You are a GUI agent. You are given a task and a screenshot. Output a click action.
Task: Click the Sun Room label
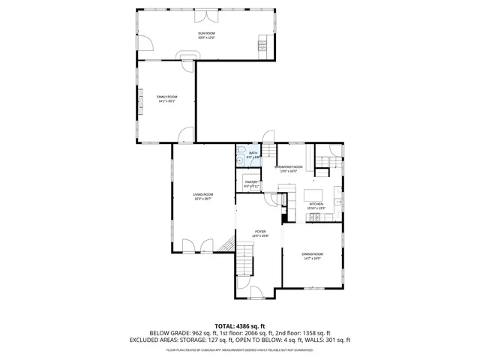pos(206,34)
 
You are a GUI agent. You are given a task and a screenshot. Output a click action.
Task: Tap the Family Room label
pos(166,98)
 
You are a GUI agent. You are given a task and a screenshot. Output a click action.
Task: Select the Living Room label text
pos(202,196)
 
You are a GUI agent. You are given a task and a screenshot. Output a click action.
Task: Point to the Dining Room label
pos(312,256)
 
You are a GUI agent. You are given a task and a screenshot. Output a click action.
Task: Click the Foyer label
pos(260,233)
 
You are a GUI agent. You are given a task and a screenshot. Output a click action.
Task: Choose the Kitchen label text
pos(316,205)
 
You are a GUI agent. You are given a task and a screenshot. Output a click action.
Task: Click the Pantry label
pos(251,183)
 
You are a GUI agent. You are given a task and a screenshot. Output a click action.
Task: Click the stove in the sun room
pos(262,46)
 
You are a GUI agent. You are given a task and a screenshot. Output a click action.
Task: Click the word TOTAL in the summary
pos(225,325)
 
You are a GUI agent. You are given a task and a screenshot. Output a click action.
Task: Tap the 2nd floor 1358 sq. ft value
pos(314,333)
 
